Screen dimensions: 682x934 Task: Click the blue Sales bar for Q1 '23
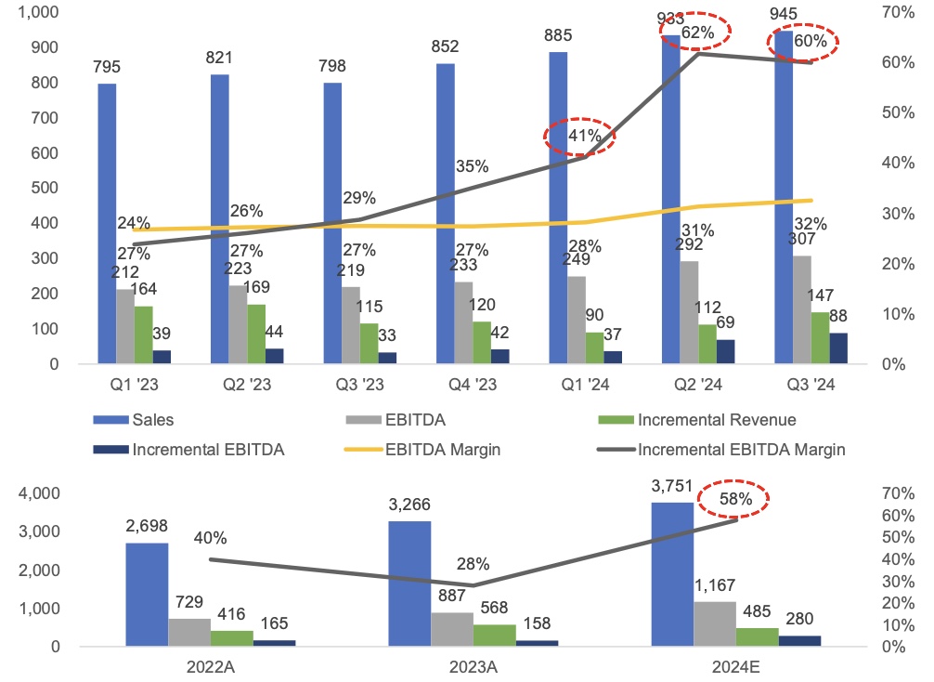107,223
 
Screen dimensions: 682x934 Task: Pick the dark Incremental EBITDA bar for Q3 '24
838,348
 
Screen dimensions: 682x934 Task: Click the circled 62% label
696,33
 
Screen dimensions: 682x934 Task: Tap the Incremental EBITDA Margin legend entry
740,450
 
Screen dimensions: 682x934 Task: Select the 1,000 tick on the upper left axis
38,12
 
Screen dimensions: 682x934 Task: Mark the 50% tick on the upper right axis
900,112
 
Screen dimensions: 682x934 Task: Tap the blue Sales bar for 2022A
147,594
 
